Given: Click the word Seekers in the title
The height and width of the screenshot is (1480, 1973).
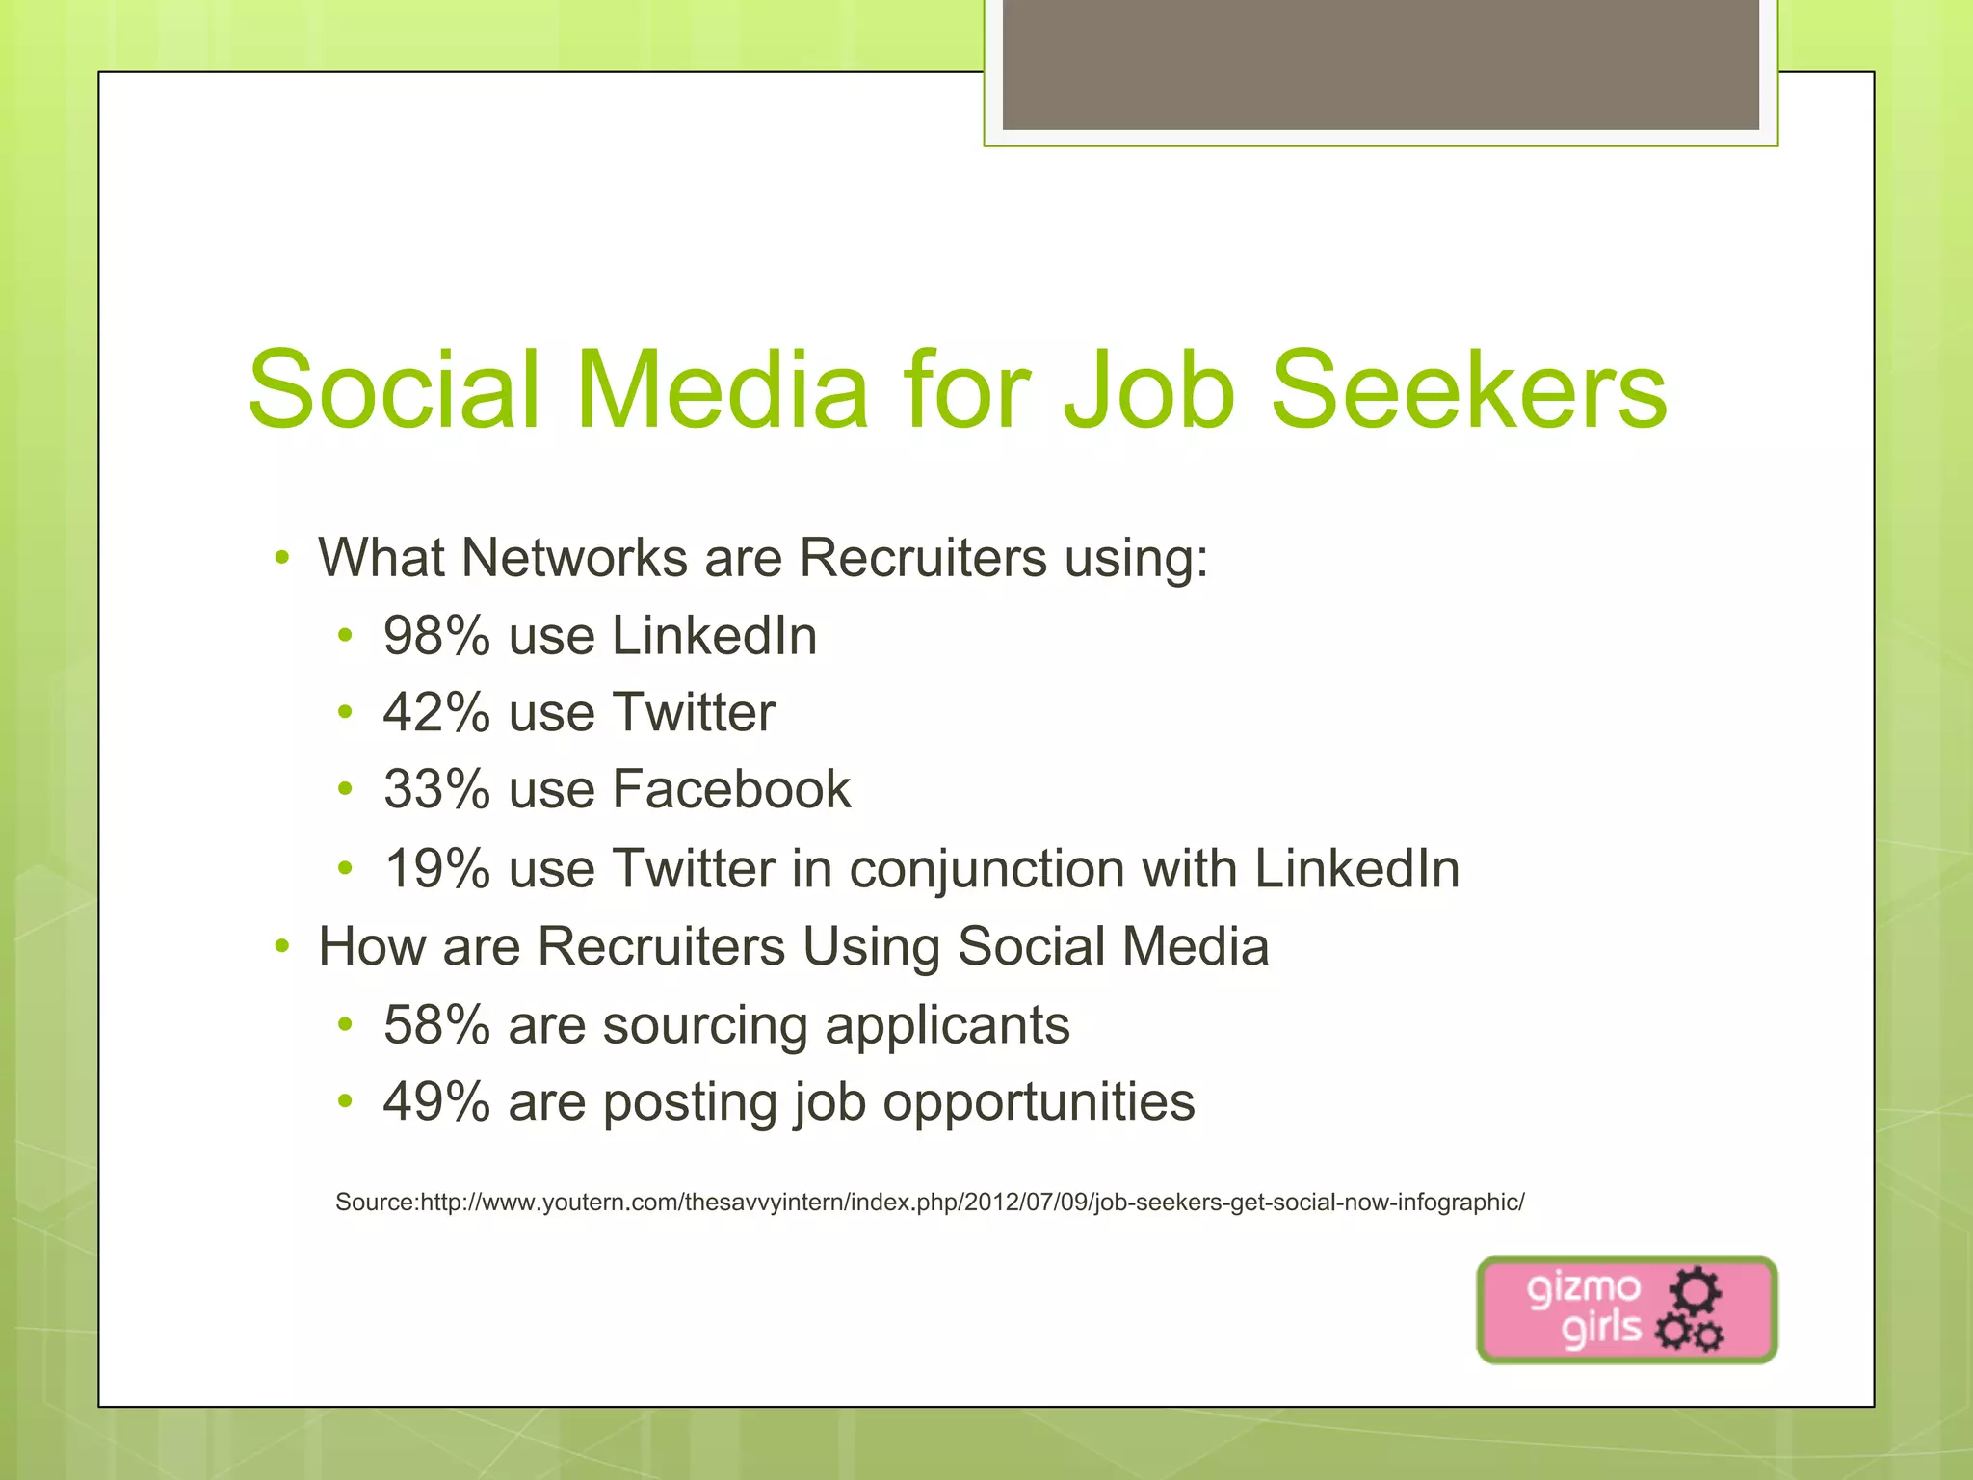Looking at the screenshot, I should (1468, 391).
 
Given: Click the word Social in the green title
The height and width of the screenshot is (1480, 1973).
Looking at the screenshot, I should (393, 391).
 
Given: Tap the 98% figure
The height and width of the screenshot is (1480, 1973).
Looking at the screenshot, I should (436, 636).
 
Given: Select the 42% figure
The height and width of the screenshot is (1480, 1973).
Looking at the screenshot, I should (436, 713).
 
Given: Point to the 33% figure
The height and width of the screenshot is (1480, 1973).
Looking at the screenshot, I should (436, 790).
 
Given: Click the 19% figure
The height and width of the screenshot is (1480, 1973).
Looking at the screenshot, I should (436, 869).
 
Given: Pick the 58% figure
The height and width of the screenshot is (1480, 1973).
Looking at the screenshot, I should (436, 1024).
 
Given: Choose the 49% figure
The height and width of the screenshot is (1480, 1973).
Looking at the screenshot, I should (436, 1101).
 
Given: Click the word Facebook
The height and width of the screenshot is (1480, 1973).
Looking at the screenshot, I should (732, 790).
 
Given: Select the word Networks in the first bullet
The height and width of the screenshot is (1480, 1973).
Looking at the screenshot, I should (574, 558).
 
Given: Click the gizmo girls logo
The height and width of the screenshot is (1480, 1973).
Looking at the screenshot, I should (1626, 1309).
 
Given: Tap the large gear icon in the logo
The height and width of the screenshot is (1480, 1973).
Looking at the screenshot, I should (1696, 1289).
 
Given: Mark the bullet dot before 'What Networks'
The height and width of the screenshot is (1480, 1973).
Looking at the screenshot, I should (281, 558).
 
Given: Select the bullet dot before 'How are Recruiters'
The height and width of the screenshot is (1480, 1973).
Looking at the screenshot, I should (281, 946).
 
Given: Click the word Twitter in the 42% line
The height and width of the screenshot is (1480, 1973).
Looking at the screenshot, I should (694, 713).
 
